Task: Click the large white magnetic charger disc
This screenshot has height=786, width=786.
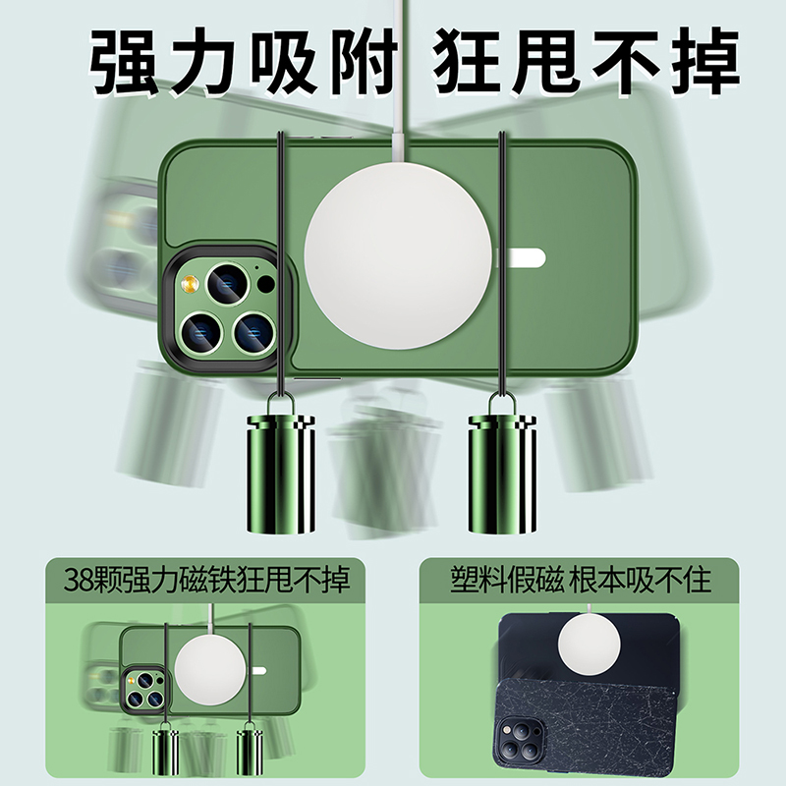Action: (x=398, y=256)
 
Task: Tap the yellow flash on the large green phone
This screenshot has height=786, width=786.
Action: (x=190, y=284)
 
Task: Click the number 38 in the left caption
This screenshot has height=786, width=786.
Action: (x=79, y=580)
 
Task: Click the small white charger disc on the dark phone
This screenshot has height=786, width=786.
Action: (x=589, y=645)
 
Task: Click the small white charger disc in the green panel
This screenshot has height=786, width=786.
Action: (x=210, y=671)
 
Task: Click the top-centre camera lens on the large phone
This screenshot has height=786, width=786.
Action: (x=228, y=284)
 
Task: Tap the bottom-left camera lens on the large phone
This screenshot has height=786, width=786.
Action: (x=202, y=331)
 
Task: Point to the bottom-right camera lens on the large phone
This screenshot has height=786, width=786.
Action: (x=254, y=331)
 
